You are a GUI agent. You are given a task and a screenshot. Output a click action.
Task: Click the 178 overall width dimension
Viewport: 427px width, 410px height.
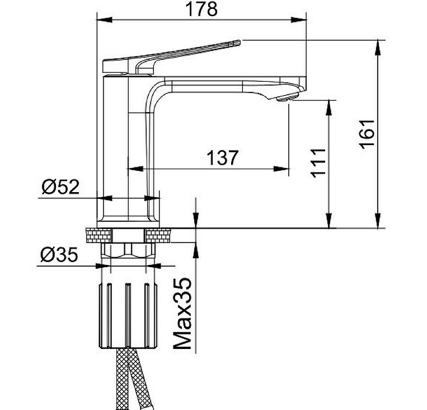click(x=201, y=10)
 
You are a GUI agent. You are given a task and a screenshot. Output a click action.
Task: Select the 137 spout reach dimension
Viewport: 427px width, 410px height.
click(x=223, y=157)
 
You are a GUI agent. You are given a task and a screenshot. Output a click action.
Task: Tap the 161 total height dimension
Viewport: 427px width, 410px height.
click(x=367, y=134)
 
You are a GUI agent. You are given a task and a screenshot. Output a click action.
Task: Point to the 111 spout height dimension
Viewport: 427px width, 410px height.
click(x=318, y=163)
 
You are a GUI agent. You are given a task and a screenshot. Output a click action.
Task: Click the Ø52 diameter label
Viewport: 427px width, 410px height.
click(x=60, y=187)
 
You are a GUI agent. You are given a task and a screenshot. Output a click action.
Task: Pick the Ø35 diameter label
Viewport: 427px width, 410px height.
click(x=59, y=254)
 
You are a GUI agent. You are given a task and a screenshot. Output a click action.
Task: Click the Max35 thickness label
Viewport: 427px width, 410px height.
click(x=182, y=313)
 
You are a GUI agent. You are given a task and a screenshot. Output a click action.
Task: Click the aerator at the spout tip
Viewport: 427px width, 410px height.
click(x=287, y=97)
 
